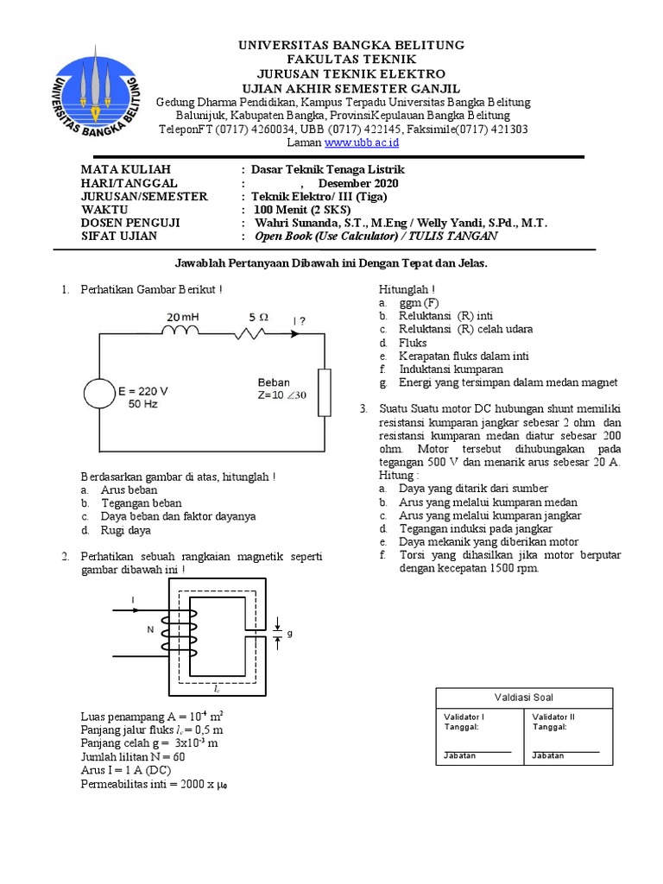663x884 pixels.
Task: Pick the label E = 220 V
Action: (x=142, y=390)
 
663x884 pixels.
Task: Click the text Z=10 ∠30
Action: (x=281, y=395)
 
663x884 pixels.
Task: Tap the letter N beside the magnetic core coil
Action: (x=149, y=629)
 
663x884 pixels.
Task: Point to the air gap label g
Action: (x=290, y=633)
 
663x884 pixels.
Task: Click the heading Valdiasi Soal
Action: (x=524, y=698)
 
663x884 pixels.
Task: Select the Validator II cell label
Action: (x=553, y=717)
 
